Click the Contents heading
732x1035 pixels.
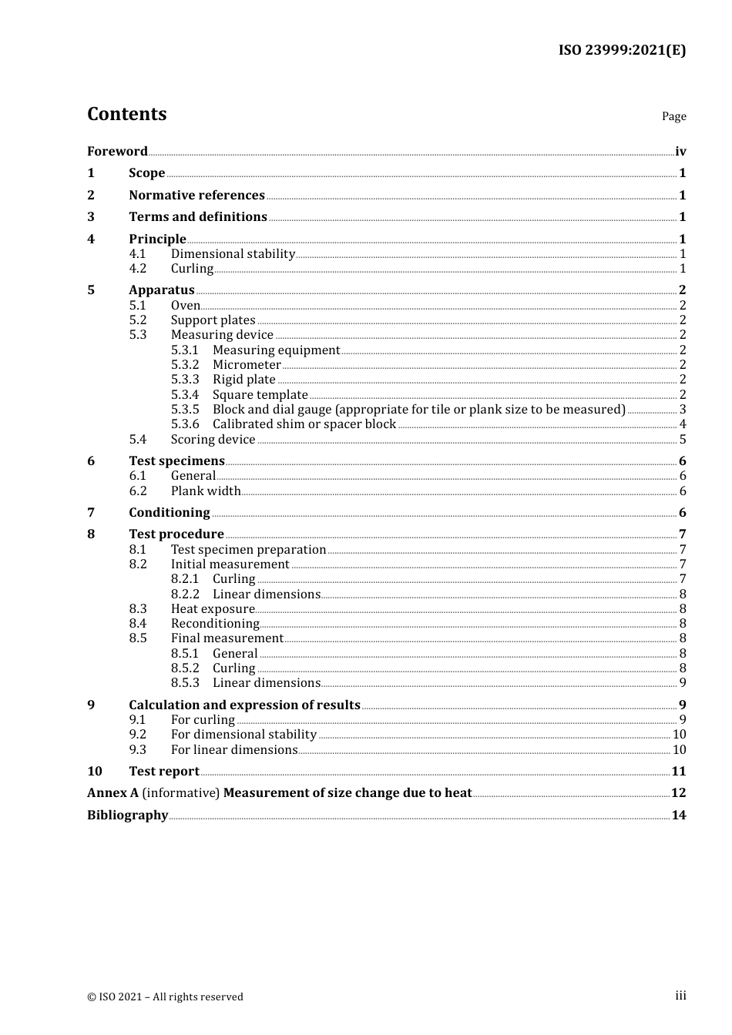[126, 114]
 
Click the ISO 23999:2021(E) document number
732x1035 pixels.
[622, 50]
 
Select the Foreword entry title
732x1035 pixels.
[117, 152]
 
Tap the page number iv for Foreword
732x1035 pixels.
[680, 152]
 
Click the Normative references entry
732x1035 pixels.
[196, 196]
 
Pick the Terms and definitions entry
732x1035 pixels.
[198, 217]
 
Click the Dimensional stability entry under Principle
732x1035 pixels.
[233, 254]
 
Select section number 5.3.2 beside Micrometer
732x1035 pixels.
[185, 365]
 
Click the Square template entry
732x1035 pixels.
[260, 395]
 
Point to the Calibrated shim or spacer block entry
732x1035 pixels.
[304, 424]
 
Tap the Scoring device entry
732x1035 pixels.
[213, 440]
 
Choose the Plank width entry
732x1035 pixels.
[206, 491]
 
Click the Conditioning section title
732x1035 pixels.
[170, 513]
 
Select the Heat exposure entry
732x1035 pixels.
[213, 609]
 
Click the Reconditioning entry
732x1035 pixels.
[215, 624]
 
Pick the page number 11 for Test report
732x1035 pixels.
[679, 772]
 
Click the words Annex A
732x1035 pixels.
[112, 793]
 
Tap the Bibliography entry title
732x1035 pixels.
[127, 816]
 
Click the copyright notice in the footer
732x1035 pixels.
[165, 997]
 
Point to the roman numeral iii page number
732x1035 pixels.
[680, 996]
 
